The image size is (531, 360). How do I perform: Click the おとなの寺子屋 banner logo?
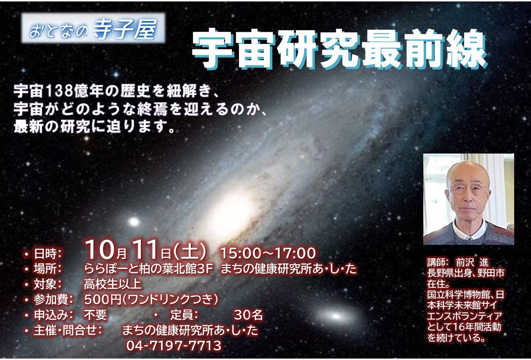point(93,28)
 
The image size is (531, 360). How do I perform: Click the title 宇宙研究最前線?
point(340,50)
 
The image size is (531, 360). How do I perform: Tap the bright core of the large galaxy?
point(234,212)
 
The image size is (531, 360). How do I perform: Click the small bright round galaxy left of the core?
point(134,222)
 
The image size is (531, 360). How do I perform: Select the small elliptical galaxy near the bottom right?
point(336,316)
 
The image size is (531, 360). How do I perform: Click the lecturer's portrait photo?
point(468,199)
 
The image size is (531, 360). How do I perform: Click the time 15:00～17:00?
point(268,253)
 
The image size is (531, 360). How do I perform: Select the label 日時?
point(48,254)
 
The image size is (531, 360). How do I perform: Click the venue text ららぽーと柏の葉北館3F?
point(149,269)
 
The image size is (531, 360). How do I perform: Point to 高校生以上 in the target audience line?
point(113,284)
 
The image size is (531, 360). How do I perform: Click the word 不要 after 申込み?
point(95,315)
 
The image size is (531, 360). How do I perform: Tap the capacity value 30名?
point(248,315)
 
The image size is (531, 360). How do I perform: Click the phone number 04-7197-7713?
point(174,346)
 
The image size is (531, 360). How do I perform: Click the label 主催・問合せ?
point(68,331)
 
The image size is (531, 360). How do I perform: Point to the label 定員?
point(184,315)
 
